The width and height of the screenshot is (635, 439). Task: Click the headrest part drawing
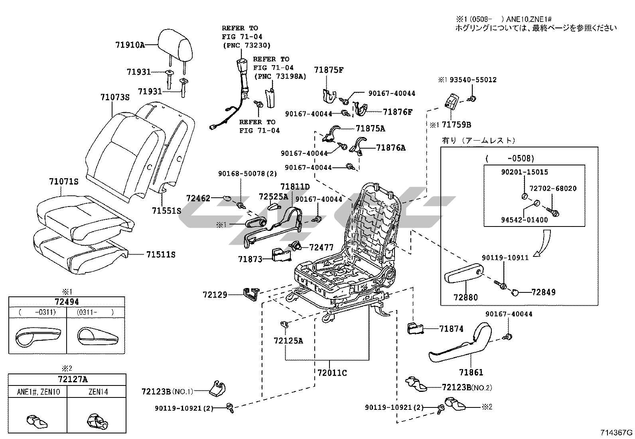click(x=176, y=43)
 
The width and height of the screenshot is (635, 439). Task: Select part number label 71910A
click(x=130, y=45)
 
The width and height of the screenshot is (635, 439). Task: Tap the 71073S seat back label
click(x=115, y=97)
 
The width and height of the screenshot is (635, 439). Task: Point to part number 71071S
click(x=64, y=182)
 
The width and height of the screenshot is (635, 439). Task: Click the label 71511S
click(x=161, y=254)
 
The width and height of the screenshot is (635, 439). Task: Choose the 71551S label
click(x=166, y=210)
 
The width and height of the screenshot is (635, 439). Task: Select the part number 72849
click(x=543, y=292)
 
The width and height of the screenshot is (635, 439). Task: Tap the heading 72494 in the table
click(x=66, y=302)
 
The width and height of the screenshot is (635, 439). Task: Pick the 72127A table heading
click(x=67, y=379)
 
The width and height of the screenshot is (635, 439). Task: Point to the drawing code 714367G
click(x=617, y=433)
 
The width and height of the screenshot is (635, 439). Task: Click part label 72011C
click(x=332, y=373)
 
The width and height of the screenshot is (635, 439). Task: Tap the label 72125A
click(x=288, y=340)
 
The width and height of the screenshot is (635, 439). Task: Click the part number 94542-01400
click(x=525, y=220)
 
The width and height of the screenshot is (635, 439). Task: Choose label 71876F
click(x=398, y=112)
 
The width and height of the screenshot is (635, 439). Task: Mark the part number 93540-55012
click(x=473, y=80)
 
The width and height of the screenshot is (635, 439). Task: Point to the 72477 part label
click(x=321, y=248)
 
